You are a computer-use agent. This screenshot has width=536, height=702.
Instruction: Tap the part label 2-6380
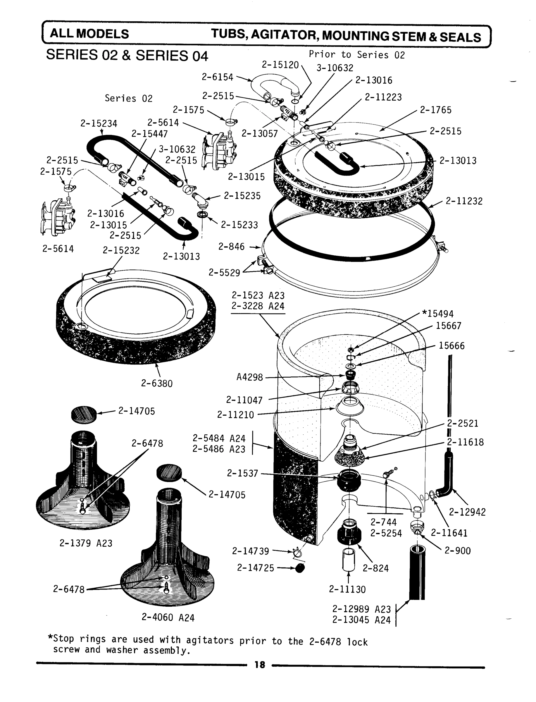[157, 383]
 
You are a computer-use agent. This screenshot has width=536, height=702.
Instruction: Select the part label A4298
[249, 378]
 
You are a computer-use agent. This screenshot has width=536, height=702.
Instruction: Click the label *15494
[437, 314]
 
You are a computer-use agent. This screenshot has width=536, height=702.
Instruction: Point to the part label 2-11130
[347, 589]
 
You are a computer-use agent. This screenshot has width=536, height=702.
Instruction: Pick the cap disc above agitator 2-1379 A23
[84, 414]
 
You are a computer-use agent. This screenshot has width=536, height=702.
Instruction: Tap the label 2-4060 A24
[168, 618]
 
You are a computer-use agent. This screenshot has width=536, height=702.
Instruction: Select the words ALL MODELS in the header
[89, 34]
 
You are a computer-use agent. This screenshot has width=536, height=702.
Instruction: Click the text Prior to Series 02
[357, 55]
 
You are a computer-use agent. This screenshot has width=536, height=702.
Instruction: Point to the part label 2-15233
[239, 225]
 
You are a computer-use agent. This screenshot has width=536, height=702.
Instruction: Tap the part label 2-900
[458, 551]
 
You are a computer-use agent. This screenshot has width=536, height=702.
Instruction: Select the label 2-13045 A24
[361, 620]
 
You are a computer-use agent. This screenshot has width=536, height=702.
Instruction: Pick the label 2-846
[231, 247]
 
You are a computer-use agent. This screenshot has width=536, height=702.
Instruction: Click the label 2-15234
[99, 123]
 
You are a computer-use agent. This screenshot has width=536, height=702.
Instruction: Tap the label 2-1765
[435, 110]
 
